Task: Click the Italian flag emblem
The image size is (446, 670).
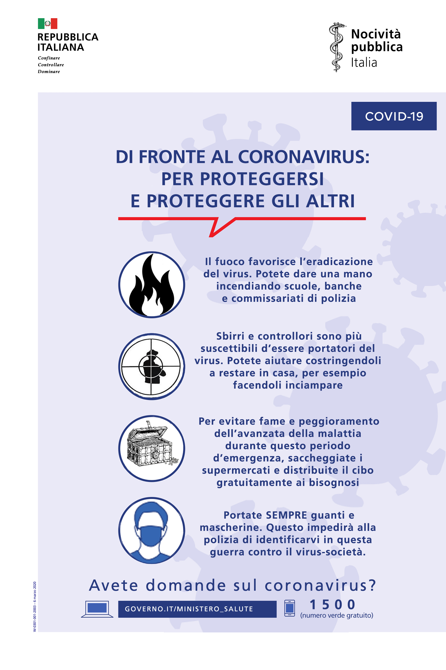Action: click(48, 24)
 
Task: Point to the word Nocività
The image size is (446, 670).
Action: click(376, 34)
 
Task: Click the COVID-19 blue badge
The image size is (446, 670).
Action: click(394, 116)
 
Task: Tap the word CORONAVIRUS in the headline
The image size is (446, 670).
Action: click(304, 157)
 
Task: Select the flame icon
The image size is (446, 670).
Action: click(152, 285)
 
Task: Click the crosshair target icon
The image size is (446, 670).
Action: click(152, 367)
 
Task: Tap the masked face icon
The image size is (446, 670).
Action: click(152, 531)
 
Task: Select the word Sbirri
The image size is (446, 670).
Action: click(230, 336)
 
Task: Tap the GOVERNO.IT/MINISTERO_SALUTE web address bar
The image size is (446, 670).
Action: click(197, 609)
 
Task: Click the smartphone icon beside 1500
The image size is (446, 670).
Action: click(290, 608)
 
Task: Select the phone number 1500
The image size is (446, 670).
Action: click(332, 604)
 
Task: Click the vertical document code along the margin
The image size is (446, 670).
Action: click(35, 606)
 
